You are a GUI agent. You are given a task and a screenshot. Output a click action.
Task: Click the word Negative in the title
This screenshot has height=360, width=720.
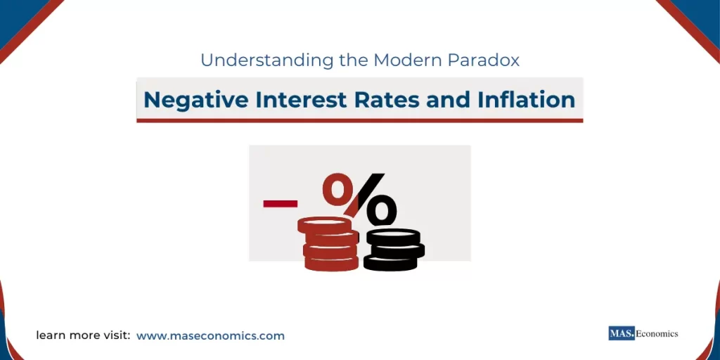point(186,100)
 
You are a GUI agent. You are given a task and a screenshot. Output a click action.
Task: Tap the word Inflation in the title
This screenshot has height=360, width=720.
point(526,100)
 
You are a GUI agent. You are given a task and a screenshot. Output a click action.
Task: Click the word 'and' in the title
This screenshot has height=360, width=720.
point(439,100)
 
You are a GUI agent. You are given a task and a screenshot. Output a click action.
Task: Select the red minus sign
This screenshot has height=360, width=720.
point(280,204)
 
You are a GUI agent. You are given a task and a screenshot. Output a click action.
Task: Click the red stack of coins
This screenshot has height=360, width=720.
point(329,246)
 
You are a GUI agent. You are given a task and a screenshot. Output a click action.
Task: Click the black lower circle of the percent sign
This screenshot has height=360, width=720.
point(382,210)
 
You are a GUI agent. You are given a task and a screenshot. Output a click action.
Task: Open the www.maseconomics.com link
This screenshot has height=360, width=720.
point(210,336)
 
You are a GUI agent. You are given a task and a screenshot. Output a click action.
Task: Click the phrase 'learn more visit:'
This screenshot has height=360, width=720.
point(83,336)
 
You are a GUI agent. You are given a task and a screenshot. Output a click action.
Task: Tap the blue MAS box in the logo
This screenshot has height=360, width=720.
point(622,333)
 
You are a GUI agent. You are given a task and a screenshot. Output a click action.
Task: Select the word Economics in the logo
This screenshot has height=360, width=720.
point(657,333)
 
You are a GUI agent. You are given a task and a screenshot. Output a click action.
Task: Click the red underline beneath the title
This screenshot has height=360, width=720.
point(359,121)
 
